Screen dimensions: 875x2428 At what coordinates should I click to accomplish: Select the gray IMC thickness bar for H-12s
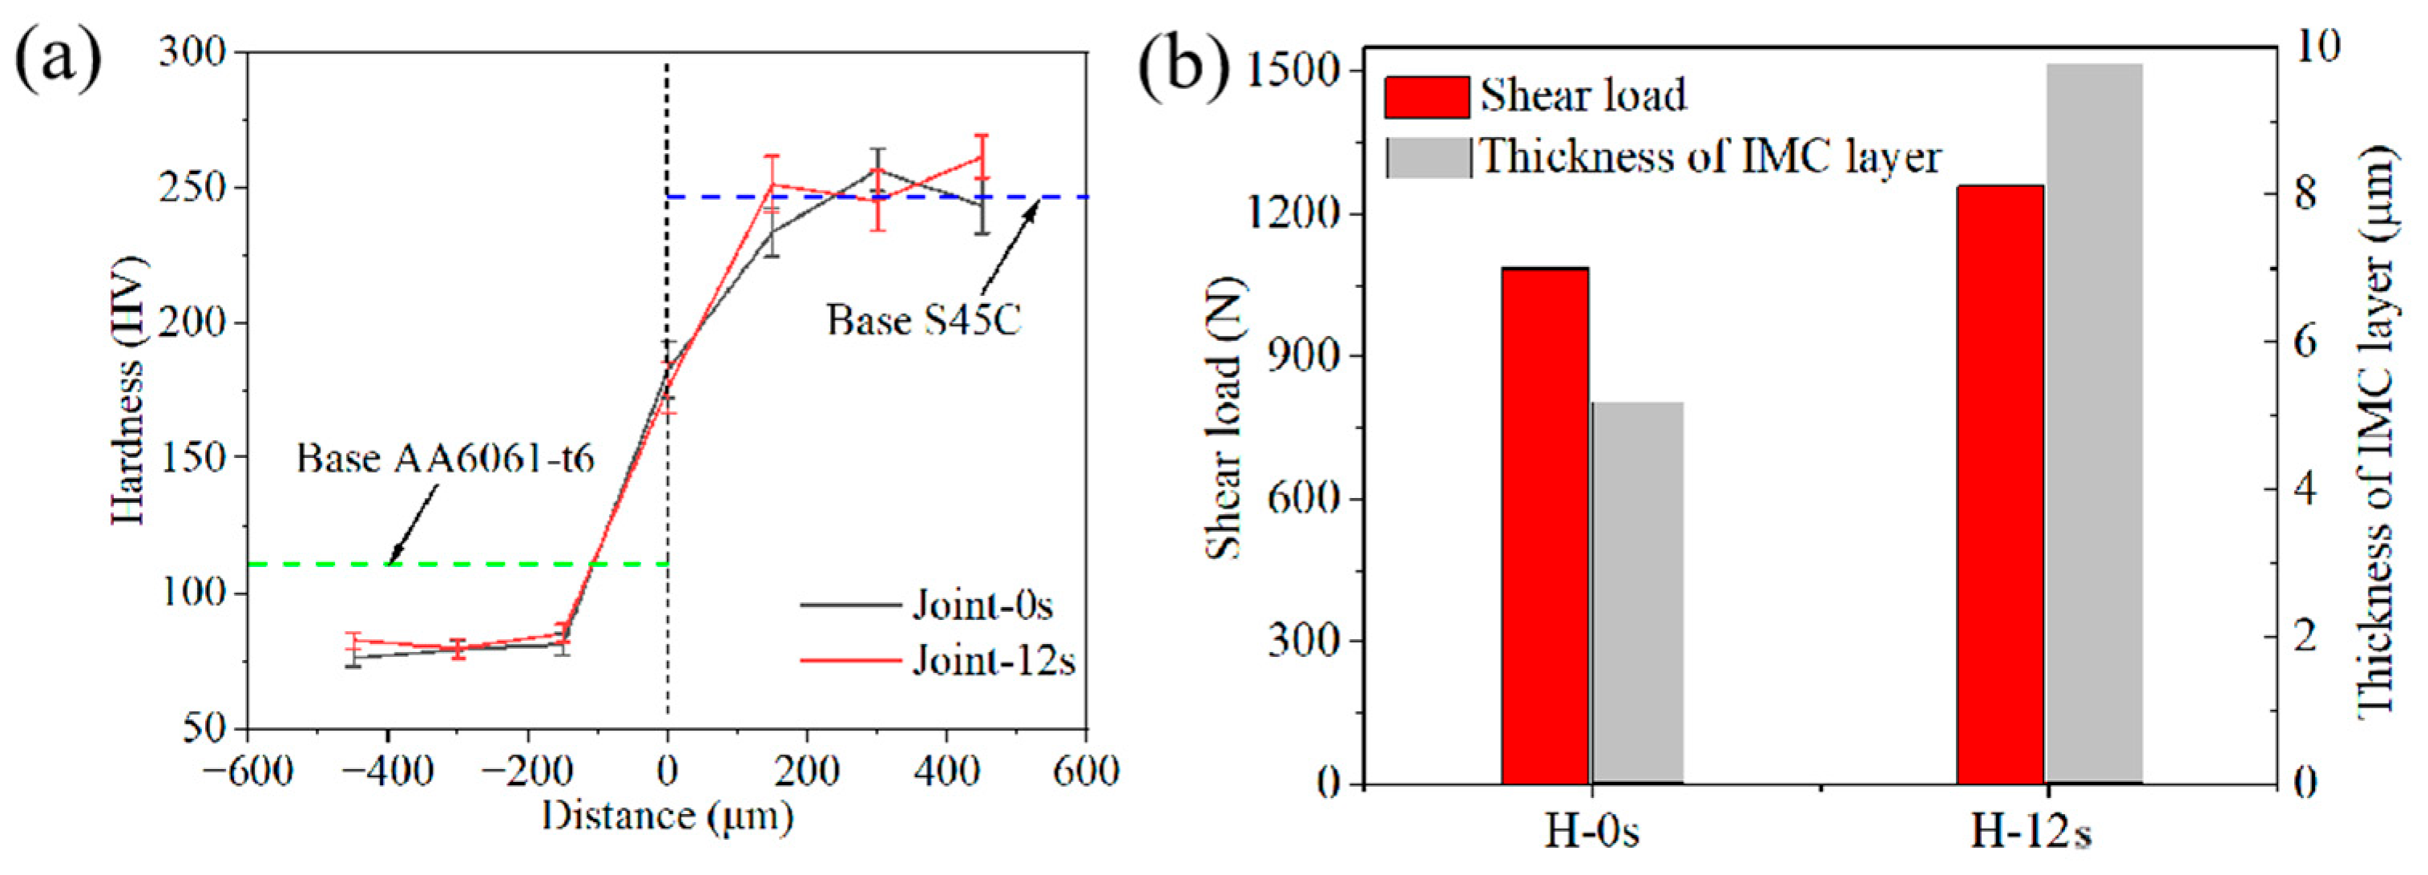(2095, 423)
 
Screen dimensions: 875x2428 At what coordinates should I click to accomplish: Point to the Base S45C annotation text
(924, 321)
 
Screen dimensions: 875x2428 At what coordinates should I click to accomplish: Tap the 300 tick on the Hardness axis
(193, 52)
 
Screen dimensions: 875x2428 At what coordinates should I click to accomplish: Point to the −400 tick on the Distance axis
(386, 772)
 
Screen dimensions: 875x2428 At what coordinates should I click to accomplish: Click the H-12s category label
(2031, 832)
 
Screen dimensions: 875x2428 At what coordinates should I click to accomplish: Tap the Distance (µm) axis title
(667, 816)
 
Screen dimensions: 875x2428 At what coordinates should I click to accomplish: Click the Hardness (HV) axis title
(129, 390)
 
